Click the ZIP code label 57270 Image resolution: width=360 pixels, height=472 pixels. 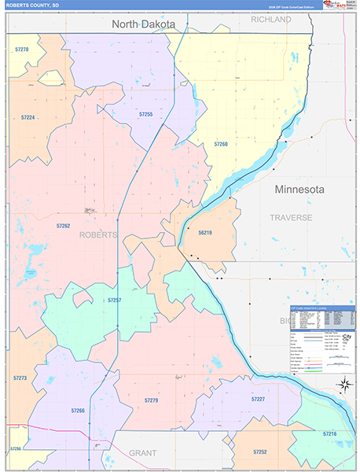pos(22,50)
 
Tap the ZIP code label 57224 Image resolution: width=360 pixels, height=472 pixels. pos(28,117)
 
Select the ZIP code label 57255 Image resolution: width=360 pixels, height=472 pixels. pos(145,115)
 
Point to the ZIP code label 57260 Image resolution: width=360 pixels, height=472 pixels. pos(221,144)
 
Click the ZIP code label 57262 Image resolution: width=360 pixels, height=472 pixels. pos(63,226)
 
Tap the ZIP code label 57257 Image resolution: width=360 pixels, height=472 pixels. pos(114,301)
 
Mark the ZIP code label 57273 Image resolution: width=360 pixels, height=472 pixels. pos(20,378)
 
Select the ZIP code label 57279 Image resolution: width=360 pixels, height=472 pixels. pos(151,400)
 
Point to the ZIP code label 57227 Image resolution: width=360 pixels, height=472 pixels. pos(258,400)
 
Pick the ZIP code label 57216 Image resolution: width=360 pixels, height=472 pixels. pos(329,433)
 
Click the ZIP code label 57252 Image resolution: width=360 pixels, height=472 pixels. pos(260,452)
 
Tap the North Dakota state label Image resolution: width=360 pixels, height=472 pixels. pos(143,24)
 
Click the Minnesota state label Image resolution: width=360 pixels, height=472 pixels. pos(299,190)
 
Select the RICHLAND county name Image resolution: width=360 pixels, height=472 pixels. pos(270,20)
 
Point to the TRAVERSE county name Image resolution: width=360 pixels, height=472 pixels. pos(291,217)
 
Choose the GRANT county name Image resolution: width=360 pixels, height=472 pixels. pos(142,454)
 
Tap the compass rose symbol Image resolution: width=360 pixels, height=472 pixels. pos(343,385)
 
